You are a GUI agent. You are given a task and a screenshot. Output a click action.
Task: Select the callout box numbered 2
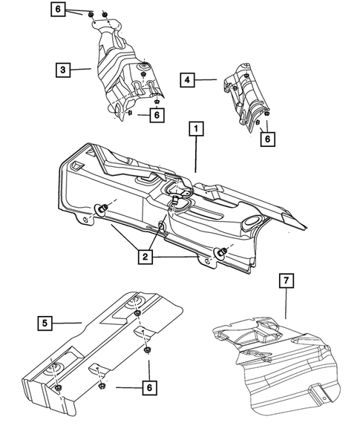click(x=145, y=258)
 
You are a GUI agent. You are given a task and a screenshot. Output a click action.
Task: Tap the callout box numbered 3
click(x=63, y=70)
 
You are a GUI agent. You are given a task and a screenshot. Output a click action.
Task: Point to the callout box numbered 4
click(x=188, y=78)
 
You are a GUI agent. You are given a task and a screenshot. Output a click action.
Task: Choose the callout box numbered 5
click(x=47, y=322)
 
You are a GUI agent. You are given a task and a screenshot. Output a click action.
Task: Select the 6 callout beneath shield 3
click(x=155, y=115)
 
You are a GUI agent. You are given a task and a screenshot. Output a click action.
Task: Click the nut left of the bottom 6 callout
click(x=102, y=387)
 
